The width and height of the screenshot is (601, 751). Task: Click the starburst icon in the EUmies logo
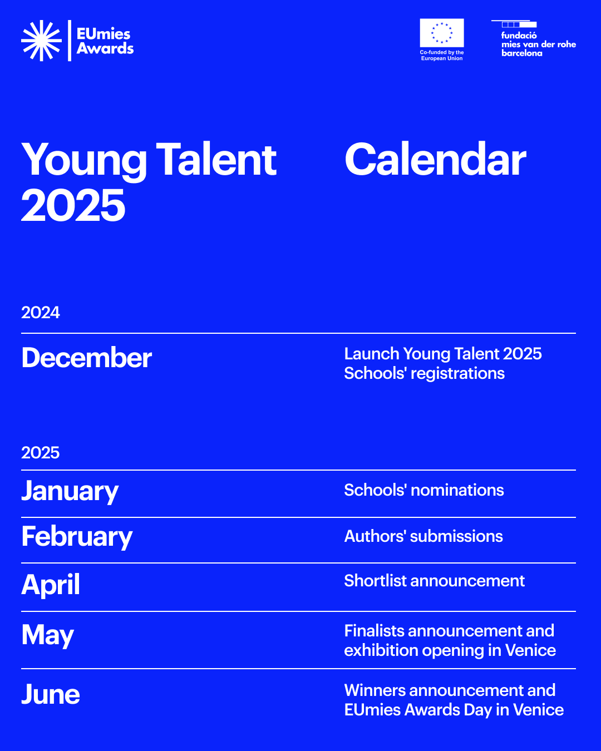pos(41,41)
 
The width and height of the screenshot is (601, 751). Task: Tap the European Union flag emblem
pos(442,33)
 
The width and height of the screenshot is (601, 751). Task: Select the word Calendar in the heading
pos(435,160)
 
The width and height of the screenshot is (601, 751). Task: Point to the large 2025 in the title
pos(73,205)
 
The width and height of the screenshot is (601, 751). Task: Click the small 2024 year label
pos(41,313)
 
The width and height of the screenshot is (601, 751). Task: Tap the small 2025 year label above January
pos(41,453)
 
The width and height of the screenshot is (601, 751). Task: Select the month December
pos(86,358)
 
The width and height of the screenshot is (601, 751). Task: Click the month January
pos(70,491)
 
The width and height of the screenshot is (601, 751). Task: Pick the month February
pos(77,537)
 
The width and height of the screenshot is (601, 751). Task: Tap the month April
pos(51,585)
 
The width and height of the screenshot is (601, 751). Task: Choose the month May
pos(47,635)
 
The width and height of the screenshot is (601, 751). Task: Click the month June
pos(51,694)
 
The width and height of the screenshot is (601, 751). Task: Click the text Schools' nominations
pos(424,490)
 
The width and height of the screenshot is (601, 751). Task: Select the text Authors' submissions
pos(423,536)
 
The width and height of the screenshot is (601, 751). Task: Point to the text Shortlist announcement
pos(434,581)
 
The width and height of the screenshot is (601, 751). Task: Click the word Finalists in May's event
pos(374,631)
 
